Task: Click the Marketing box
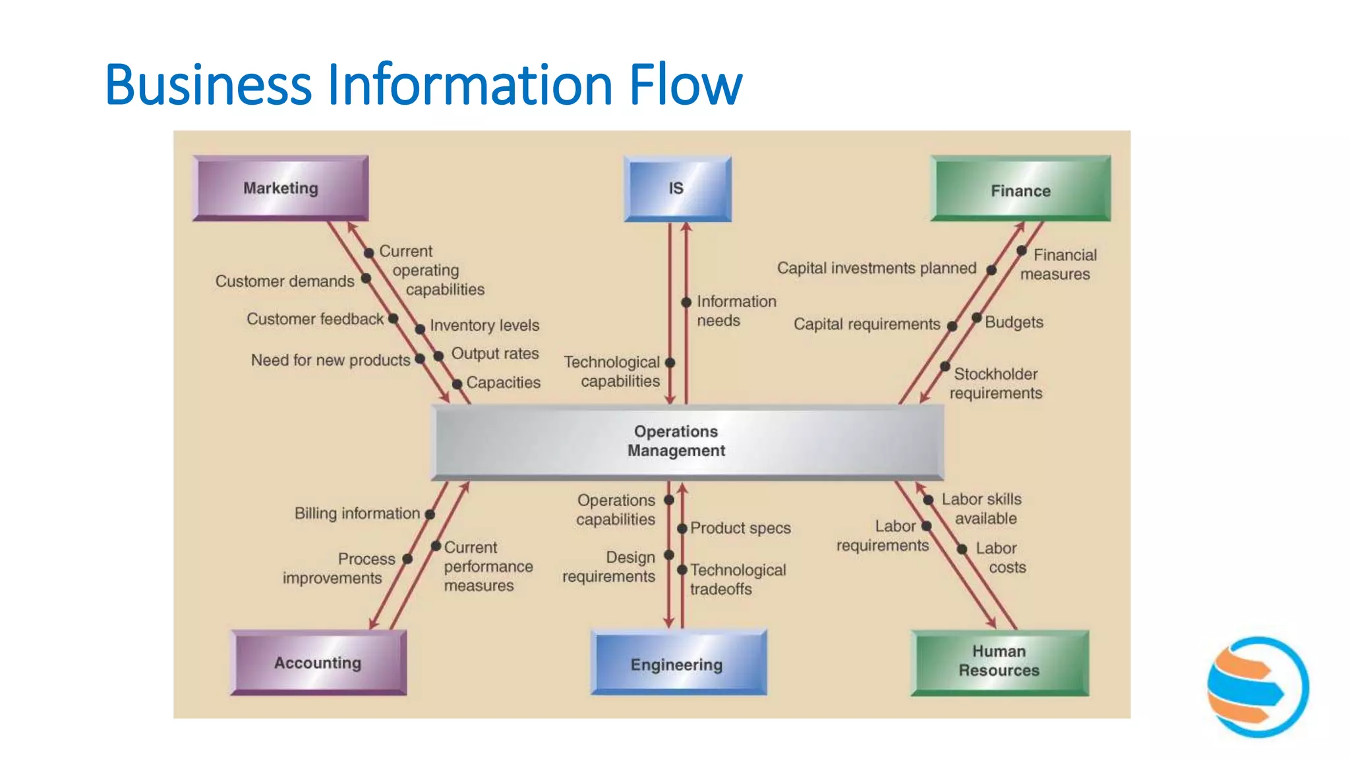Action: click(x=281, y=188)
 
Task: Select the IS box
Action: click(x=677, y=188)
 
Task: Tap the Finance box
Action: click(x=1020, y=190)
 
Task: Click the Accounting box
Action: click(x=318, y=662)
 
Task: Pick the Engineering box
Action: click(x=677, y=663)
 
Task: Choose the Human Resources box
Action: click(x=999, y=661)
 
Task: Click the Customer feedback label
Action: click(x=315, y=319)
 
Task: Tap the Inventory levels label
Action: click(x=484, y=325)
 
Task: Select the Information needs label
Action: click(x=736, y=310)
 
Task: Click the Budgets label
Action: click(x=1014, y=322)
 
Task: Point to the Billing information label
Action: click(x=357, y=513)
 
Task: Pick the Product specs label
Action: click(x=740, y=528)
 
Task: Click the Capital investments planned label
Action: click(x=876, y=268)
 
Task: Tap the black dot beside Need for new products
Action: click(x=419, y=359)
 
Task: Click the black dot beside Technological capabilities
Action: click(x=670, y=362)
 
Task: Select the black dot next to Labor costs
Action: click(x=962, y=549)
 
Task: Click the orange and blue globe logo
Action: click(x=1257, y=687)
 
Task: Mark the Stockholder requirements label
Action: click(x=995, y=383)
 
